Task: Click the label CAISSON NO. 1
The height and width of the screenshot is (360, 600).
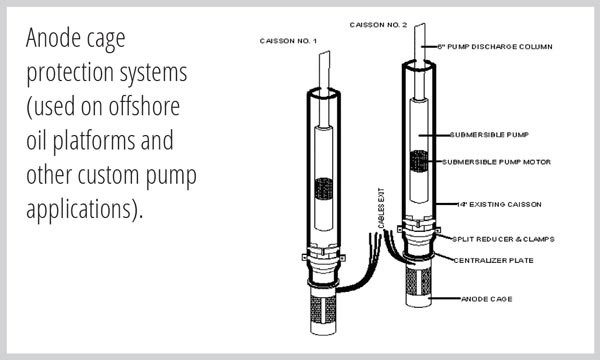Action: click(288, 41)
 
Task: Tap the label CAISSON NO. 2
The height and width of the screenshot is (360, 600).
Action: click(378, 25)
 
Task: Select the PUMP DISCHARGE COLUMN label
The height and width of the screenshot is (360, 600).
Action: click(495, 47)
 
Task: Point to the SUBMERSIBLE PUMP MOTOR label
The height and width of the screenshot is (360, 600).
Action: click(496, 162)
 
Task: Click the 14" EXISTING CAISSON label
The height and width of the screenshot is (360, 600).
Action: click(499, 205)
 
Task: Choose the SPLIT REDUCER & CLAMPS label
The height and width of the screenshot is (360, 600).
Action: click(503, 239)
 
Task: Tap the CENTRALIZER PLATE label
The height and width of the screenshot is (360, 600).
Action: click(493, 261)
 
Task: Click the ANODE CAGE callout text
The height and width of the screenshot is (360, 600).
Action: click(487, 299)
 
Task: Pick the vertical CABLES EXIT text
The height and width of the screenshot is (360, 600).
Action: click(381, 209)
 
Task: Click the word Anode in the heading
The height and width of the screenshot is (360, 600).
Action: click(54, 38)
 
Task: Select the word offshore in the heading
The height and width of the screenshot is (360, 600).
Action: click(144, 106)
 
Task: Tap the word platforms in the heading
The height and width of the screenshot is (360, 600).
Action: click(94, 142)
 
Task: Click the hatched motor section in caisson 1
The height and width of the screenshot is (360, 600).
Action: click(324, 189)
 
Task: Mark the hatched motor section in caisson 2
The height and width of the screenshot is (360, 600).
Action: click(419, 161)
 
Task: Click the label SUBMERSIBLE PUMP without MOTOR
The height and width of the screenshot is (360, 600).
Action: click(489, 135)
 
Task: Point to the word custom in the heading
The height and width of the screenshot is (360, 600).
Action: click(108, 175)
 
